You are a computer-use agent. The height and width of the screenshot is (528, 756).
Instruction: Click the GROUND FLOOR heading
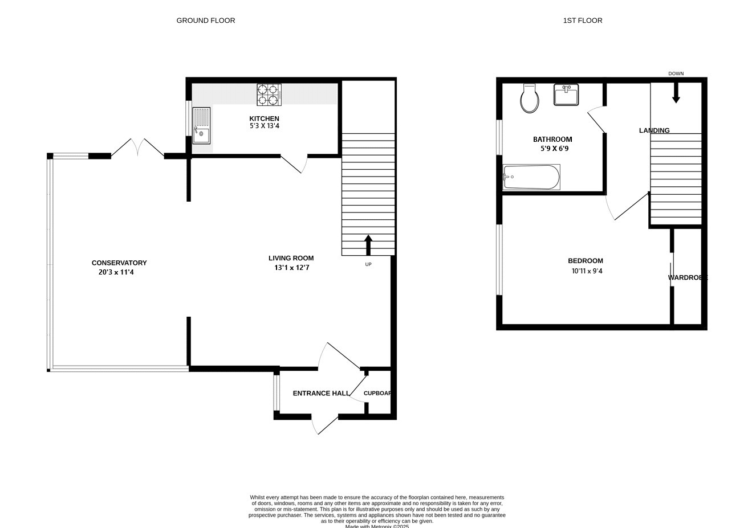205,21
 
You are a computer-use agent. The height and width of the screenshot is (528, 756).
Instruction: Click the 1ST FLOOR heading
582,21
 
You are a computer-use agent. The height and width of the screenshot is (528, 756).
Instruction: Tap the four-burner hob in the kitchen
269,95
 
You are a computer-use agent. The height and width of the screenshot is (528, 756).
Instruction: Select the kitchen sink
201,125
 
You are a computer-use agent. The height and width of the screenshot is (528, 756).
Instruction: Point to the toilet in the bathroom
530,99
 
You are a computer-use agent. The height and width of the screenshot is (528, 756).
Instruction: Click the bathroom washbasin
566,95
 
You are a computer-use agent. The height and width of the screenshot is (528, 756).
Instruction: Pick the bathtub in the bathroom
531,177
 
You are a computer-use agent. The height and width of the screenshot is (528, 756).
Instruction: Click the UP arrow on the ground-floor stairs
368,245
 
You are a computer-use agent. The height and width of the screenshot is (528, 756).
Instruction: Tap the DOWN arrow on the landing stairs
676,93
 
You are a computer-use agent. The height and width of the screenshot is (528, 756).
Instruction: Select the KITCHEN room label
264,118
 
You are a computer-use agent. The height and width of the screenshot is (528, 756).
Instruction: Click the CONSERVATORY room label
119,263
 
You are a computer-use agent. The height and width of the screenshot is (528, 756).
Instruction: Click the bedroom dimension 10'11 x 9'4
587,271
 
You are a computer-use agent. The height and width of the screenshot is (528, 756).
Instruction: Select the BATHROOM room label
552,139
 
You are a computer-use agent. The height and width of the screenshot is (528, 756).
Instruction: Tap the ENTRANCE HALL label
321,393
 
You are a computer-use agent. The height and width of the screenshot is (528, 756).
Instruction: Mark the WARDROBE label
688,278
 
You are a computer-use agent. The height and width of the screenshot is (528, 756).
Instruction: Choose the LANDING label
654,130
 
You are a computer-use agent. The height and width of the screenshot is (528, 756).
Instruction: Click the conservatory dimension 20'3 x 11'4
116,272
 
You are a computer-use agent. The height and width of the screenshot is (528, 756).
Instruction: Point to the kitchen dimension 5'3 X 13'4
264,126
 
